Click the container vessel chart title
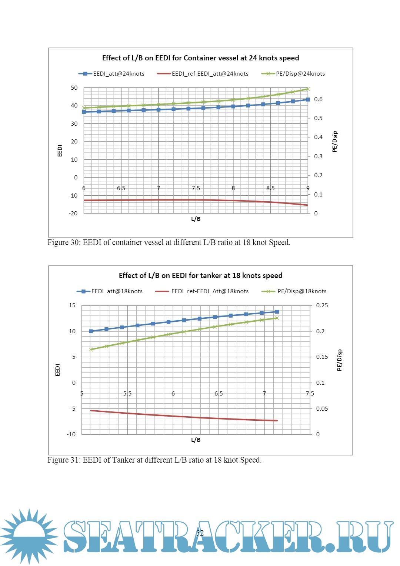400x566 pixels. point(200,58)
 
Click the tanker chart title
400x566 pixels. point(200,275)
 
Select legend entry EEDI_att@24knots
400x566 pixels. point(119,74)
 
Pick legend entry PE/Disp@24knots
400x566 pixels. point(300,74)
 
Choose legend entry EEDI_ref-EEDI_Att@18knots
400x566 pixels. point(210,291)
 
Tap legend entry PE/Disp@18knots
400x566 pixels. point(302,291)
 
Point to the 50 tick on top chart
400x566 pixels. point(74,88)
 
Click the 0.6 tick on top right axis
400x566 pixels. point(318,99)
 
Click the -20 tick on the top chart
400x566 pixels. point(73,214)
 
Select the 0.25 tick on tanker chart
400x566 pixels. point(322,305)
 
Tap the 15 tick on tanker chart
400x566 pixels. point(72,305)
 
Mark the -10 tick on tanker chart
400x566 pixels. point(71,434)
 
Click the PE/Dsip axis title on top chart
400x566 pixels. point(335,142)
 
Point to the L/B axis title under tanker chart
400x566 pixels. point(196,440)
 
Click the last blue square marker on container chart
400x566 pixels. point(308,100)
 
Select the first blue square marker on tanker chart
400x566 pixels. point(91,331)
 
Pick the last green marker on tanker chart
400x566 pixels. point(277,318)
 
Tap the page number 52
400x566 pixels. point(200,533)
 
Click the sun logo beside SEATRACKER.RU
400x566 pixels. point(29,536)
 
